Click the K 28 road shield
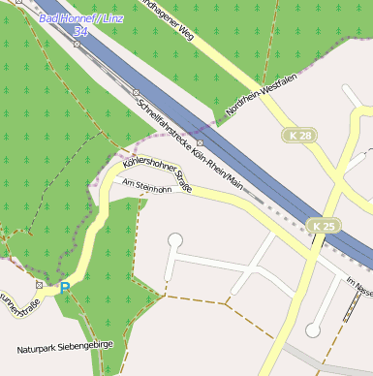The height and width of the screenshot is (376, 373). click(x=300, y=136)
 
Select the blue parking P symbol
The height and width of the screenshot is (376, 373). click(x=65, y=288)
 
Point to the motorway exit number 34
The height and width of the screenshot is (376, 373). click(x=80, y=32)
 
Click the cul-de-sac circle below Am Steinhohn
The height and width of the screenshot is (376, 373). click(x=175, y=239)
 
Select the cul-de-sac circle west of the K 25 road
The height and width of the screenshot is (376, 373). click(x=312, y=330)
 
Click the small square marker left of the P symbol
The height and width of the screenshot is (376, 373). click(x=40, y=285)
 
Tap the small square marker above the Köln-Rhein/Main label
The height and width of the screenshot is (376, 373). click(x=200, y=142)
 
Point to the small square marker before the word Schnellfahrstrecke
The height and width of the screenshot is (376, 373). click(x=137, y=92)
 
